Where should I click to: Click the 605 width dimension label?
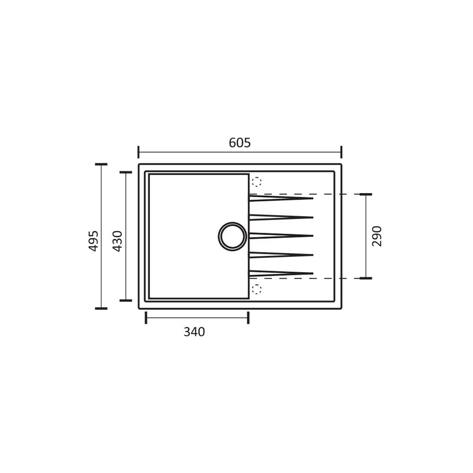240,143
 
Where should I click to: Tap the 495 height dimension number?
94,241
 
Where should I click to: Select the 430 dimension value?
117,241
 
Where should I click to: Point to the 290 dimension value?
377,236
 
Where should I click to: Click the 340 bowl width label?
194,332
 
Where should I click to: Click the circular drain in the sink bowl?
232,236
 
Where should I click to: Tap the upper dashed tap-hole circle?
256,182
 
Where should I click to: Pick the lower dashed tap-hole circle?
256,289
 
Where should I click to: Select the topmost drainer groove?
281,198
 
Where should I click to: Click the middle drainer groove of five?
281,236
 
